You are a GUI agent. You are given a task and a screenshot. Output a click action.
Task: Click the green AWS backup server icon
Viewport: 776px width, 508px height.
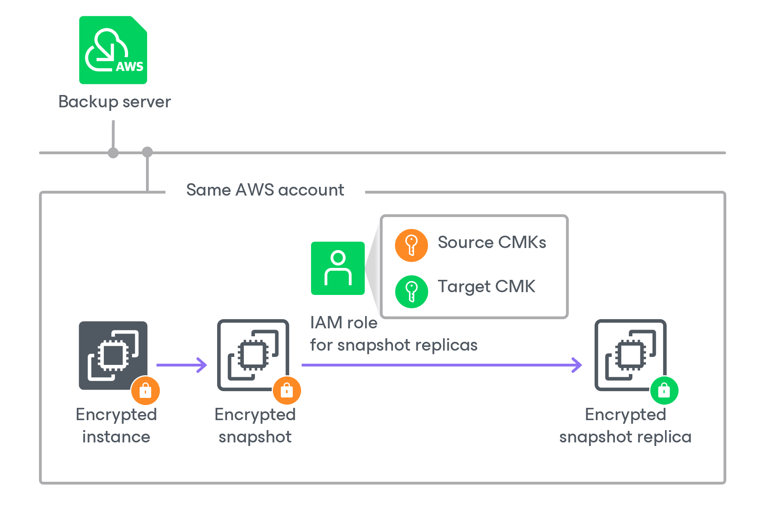tap(113, 50)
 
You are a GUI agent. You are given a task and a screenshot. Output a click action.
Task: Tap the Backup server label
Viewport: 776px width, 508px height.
tap(115, 102)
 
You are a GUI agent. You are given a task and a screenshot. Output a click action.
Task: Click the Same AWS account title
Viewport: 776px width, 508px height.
tap(265, 190)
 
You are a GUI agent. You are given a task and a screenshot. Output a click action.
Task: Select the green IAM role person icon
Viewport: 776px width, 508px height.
tap(338, 268)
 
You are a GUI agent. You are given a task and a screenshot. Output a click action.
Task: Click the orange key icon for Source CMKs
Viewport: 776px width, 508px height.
tap(411, 245)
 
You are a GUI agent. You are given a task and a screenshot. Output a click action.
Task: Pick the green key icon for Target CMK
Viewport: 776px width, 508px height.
tap(411, 291)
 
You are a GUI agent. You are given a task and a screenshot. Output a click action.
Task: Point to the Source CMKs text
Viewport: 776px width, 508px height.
tap(492, 242)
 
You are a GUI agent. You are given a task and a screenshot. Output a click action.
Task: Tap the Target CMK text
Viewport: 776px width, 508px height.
tap(486, 287)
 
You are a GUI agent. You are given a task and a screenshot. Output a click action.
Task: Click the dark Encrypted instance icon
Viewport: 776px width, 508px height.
tap(113, 355)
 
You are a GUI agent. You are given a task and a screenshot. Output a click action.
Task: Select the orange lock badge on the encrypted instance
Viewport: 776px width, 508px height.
tap(146, 390)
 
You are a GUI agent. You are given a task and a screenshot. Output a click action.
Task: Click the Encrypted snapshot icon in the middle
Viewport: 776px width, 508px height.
tap(253, 355)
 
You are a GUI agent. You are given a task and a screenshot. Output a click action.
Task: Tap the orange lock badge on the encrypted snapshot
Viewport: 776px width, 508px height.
tap(287, 390)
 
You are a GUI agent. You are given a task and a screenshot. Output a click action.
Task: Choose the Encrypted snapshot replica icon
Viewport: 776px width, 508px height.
tap(630, 355)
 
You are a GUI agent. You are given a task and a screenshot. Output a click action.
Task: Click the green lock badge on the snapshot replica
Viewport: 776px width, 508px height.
tap(664, 390)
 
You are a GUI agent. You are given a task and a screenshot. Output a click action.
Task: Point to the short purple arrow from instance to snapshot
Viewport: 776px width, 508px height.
tap(181, 365)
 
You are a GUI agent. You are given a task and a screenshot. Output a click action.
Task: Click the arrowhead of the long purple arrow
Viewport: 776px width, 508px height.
tap(577, 365)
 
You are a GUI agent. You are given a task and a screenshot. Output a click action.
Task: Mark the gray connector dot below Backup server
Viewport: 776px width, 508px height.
tap(113, 153)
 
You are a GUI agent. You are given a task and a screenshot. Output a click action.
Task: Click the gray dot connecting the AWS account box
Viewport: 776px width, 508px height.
tap(148, 152)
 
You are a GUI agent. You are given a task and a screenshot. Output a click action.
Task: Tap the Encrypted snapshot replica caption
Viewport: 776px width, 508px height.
tap(625, 426)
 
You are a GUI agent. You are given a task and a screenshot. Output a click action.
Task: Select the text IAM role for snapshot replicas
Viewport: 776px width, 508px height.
tap(393, 334)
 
